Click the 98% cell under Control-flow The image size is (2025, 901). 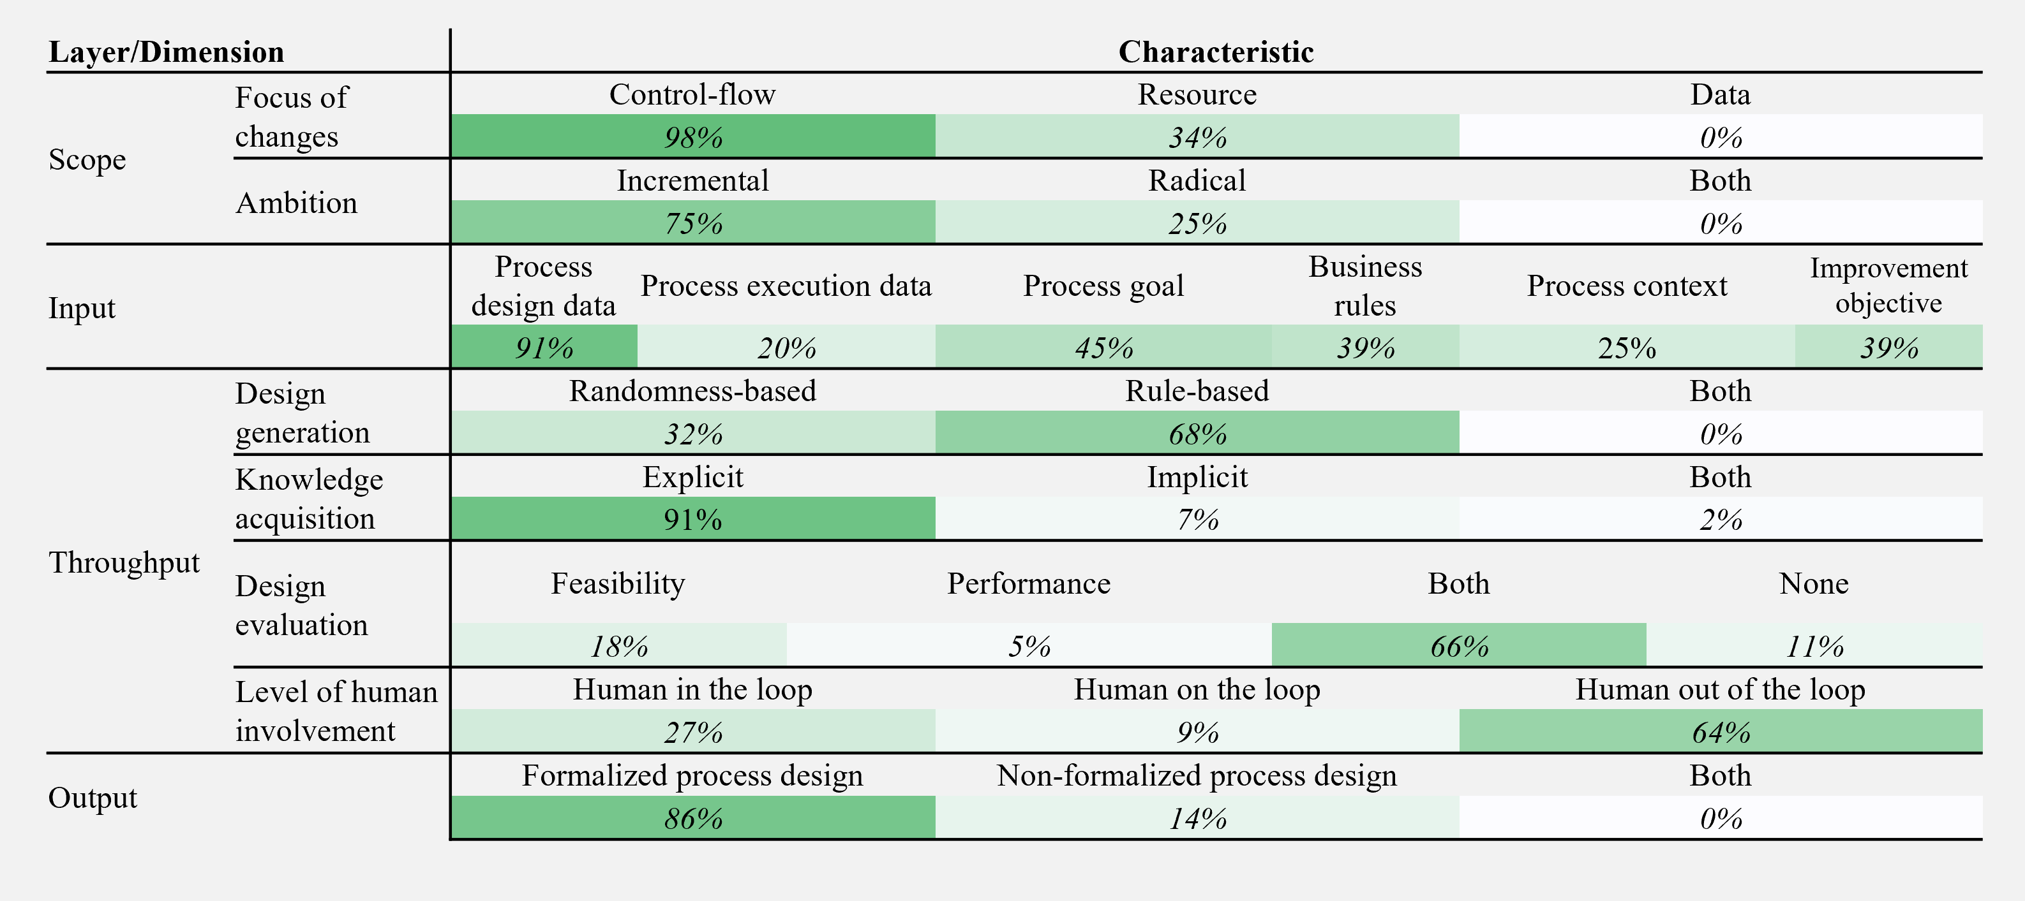[x=692, y=138]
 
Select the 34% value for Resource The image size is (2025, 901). [x=1197, y=138]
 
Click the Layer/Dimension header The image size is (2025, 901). [x=166, y=52]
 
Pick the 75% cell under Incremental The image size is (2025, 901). [x=692, y=223]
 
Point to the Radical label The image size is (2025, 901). [x=1197, y=180]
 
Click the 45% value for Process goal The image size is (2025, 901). [x=1103, y=348]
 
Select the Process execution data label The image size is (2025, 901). [x=786, y=286]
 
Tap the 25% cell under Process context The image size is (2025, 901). [x=1627, y=348]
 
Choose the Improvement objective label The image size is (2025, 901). [x=1888, y=285]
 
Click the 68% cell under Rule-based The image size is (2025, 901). [x=1197, y=434]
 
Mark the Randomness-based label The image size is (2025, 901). [x=692, y=390]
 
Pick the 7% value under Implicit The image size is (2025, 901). [x=1197, y=519]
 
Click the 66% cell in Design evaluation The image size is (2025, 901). [x=1458, y=646]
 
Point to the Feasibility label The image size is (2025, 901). [x=618, y=583]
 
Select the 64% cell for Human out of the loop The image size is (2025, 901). [x=1720, y=732]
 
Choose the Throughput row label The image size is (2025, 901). [x=124, y=562]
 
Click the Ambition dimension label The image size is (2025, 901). [x=296, y=203]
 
